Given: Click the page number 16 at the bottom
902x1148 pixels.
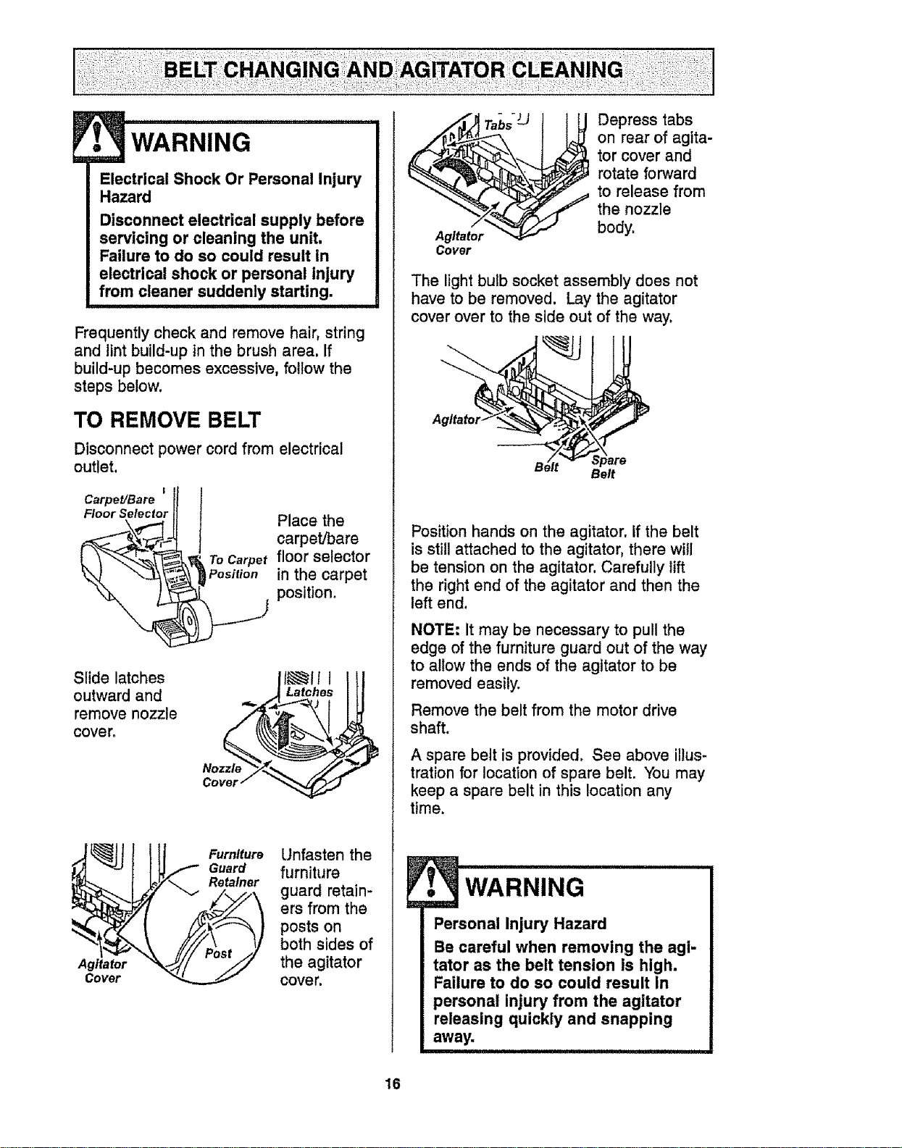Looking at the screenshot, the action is (x=393, y=1084).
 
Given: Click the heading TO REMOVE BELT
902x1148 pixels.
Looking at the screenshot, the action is (x=167, y=420).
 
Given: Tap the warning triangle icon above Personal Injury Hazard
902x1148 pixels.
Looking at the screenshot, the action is (x=433, y=881).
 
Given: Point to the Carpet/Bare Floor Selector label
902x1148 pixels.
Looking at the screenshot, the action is (x=125, y=507).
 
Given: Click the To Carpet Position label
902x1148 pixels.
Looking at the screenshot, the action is (x=238, y=567).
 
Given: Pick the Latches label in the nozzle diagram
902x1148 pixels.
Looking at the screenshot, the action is (x=309, y=692).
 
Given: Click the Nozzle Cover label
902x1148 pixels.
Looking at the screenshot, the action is (x=222, y=775).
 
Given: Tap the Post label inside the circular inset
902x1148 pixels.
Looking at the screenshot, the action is (x=218, y=954).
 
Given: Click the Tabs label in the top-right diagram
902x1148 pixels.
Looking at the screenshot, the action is (x=498, y=125).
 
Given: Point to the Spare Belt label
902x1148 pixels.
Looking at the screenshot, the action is (x=608, y=467).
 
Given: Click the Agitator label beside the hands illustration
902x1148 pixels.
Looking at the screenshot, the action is (x=456, y=420).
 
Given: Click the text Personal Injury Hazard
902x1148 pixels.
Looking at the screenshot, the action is (x=520, y=924).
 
